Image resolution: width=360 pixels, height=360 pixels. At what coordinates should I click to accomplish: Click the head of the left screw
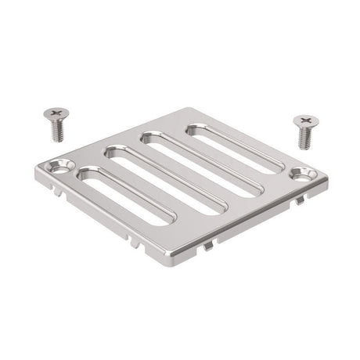pyautogui.click(x=54, y=117)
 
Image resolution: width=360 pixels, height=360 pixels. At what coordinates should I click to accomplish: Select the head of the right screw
pyautogui.click(x=306, y=122)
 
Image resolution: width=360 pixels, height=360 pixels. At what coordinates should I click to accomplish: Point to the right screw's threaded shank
pyautogui.click(x=304, y=139)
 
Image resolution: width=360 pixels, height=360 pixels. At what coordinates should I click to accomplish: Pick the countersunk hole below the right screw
pyautogui.click(x=302, y=174)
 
